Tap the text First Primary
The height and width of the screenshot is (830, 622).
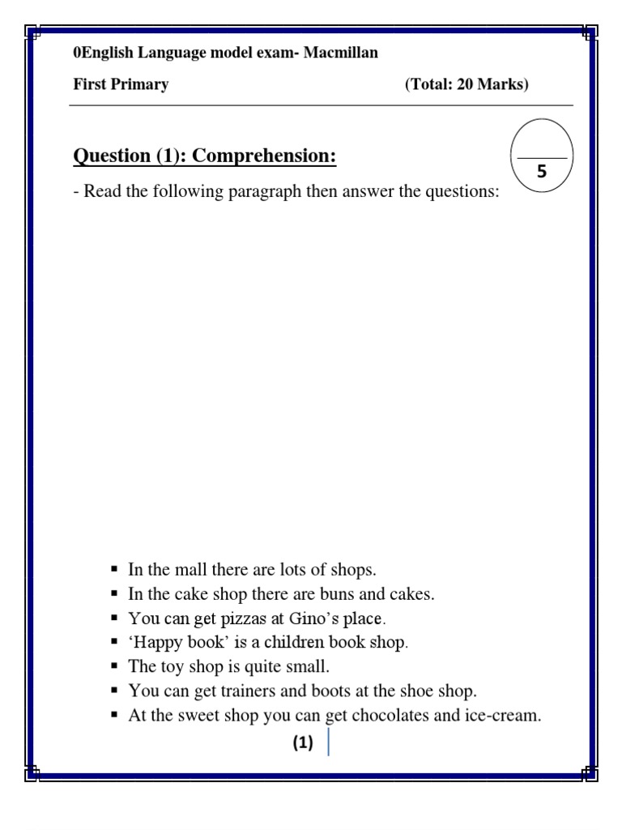(121, 85)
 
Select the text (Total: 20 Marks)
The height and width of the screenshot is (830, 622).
(466, 85)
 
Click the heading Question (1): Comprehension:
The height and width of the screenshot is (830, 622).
(205, 155)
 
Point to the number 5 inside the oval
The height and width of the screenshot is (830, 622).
(542, 172)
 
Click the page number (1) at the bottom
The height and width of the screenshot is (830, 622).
(303, 743)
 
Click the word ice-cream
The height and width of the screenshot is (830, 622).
(504, 716)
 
